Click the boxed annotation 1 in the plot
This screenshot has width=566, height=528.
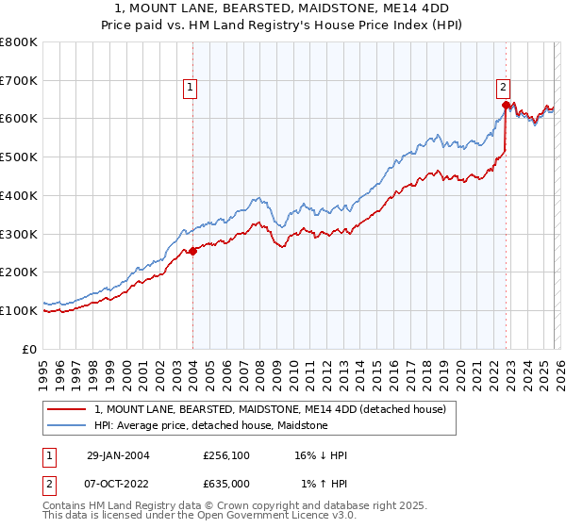[x=190, y=88]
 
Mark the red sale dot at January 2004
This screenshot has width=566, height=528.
[x=193, y=251]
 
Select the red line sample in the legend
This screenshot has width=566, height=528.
[x=68, y=409]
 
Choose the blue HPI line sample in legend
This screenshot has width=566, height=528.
[x=68, y=425]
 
